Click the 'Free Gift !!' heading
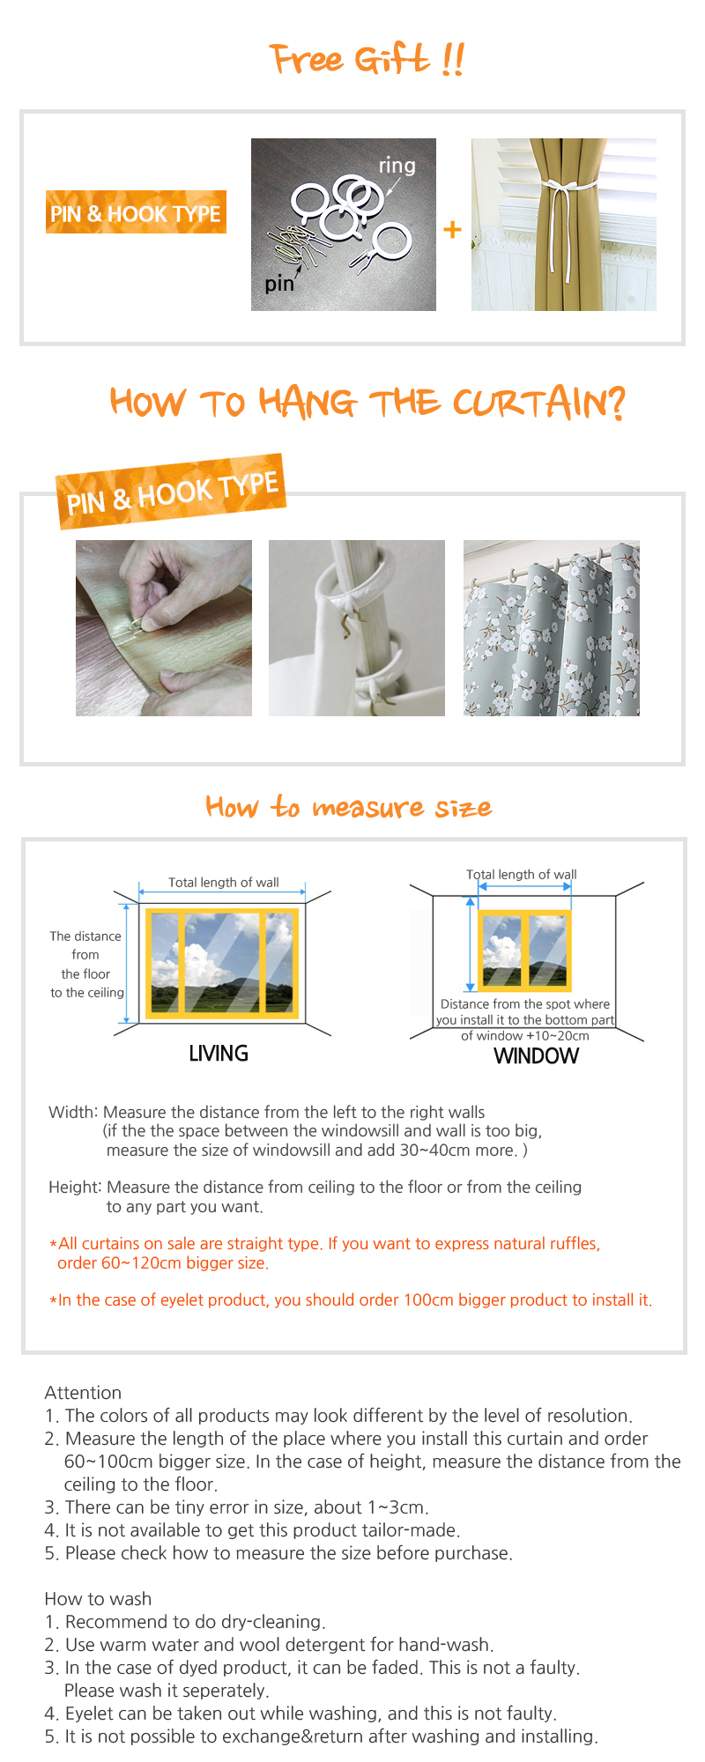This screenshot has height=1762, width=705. coord(367,60)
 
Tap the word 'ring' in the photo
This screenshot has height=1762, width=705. coord(397,166)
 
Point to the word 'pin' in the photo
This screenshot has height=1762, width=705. coord(279,284)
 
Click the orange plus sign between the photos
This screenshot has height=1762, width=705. coord(452,229)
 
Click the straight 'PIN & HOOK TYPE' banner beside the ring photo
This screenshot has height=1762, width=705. coord(136,212)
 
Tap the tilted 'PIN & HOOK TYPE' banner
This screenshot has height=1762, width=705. coord(172,492)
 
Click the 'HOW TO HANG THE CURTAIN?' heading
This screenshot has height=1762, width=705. coord(367,403)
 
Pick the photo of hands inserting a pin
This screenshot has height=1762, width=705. coord(164,628)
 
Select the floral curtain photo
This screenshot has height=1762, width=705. coord(552,628)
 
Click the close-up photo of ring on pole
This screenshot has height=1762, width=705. coord(357,628)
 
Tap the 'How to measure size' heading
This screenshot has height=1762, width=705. coord(349,807)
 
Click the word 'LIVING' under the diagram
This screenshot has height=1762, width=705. coord(219,1054)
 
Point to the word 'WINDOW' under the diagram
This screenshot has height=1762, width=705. coord(537,1056)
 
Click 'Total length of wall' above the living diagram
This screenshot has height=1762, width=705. coord(224,882)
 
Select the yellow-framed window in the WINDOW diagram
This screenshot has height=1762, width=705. coord(524,951)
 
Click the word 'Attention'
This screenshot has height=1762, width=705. coord(83,1393)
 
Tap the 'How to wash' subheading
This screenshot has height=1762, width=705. coord(98,1599)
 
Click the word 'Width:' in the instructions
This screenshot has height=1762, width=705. coord(73,1112)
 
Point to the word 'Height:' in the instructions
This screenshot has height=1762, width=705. coord(75,1188)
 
